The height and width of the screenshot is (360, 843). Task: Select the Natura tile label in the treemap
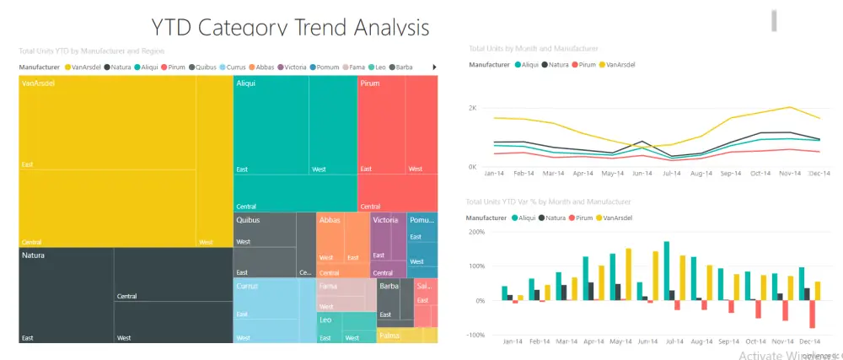click(x=34, y=255)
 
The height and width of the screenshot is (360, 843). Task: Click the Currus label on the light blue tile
click(x=248, y=287)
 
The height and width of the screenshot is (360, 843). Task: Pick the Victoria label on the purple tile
click(x=386, y=220)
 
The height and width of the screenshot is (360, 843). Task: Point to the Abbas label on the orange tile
click(x=330, y=220)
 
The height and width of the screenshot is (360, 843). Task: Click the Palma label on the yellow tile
click(x=390, y=336)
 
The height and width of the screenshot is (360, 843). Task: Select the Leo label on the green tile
click(x=326, y=320)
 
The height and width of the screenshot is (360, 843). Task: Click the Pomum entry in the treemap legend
click(x=329, y=67)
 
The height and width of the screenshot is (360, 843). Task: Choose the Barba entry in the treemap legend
click(x=404, y=67)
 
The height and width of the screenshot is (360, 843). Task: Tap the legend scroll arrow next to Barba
click(x=434, y=67)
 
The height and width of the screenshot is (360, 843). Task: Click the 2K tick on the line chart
click(x=473, y=108)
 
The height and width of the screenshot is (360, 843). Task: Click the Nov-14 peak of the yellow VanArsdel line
click(x=789, y=107)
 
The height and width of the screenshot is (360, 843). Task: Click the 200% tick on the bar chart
click(x=475, y=232)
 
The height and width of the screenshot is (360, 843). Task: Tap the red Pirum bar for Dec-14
click(x=813, y=314)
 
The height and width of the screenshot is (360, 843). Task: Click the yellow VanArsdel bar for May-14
click(x=628, y=274)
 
